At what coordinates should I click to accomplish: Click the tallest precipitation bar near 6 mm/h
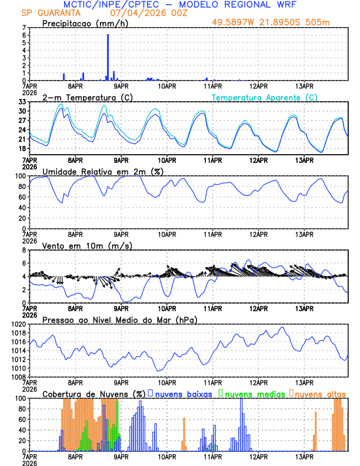pyautogui.click(x=108, y=57)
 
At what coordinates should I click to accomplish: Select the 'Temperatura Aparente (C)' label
pyautogui.click(x=265, y=97)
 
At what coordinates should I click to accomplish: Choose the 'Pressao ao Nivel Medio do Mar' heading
pyautogui.click(x=119, y=319)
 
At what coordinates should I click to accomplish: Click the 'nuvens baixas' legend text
pyautogui.click(x=183, y=394)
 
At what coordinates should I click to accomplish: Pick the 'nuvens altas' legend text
pyautogui.click(x=320, y=394)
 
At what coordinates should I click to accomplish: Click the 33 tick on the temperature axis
pyautogui.click(x=22, y=102)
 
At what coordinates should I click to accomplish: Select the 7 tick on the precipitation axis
pyautogui.click(x=24, y=28)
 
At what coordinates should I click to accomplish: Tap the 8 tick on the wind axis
pyautogui.click(x=24, y=250)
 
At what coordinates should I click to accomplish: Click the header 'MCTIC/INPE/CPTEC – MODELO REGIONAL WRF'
pyautogui.click(x=180, y=4)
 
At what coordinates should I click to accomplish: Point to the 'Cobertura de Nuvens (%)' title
pyautogui.click(x=94, y=394)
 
